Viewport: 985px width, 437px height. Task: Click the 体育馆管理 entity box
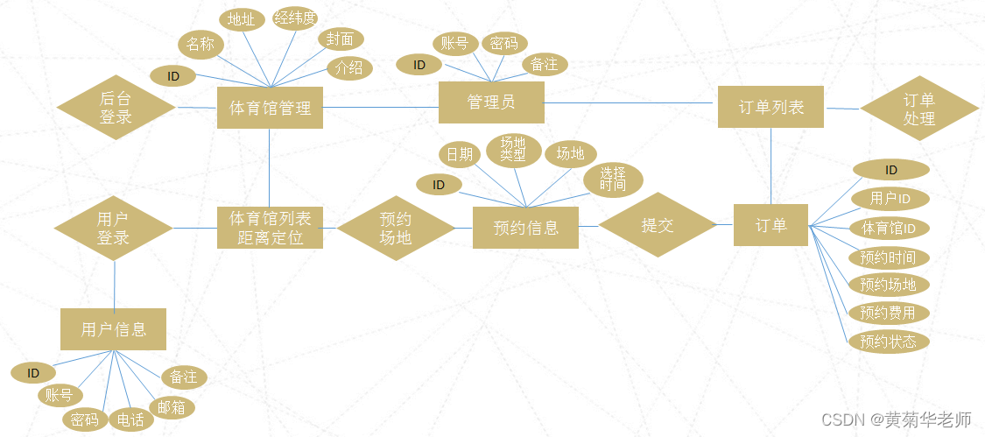pos(270,108)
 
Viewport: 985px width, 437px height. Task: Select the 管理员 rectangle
pos(490,102)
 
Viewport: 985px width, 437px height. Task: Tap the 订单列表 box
pos(770,107)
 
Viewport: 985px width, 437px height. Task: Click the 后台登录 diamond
pos(116,108)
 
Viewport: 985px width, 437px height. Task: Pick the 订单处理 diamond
pos(919,109)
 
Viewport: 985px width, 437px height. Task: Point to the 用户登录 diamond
pos(113,228)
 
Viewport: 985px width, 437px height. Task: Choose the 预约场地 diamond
pos(396,228)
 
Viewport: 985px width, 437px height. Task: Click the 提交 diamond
pos(657,225)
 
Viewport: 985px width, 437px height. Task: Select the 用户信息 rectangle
pos(113,329)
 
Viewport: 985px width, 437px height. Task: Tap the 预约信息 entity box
pos(525,228)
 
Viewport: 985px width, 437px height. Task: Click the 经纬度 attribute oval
pos(295,18)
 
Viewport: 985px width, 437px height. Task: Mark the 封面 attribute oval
pos(340,39)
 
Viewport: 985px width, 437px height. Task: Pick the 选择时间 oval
pos(613,180)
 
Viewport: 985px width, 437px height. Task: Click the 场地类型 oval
pos(512,150)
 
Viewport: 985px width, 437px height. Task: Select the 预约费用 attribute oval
pos(888,313)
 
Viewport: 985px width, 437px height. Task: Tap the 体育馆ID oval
pos(889,229)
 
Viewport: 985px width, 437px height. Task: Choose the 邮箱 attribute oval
pos(171,407)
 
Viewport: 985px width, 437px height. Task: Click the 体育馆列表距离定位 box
pos(270,228)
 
